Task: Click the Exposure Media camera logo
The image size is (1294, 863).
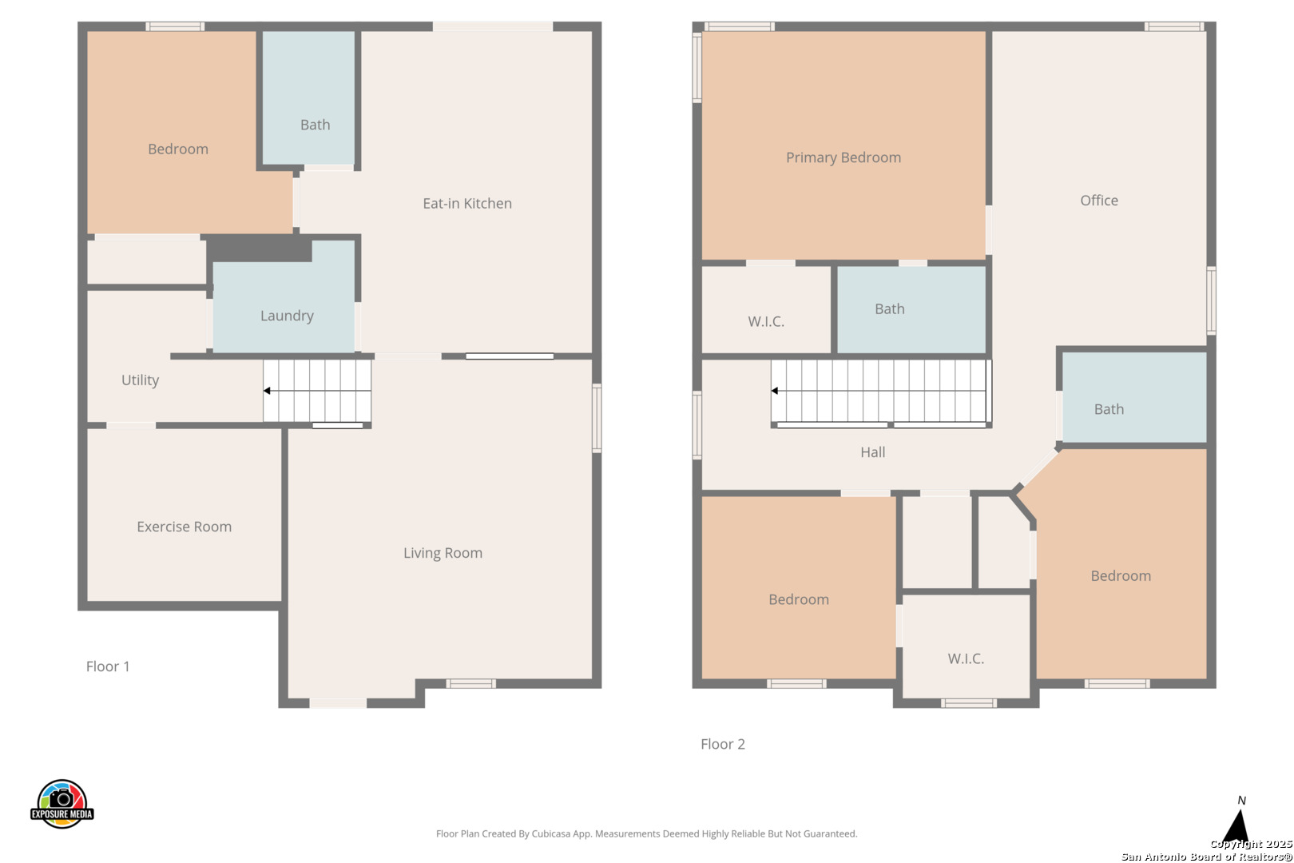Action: (x=62, y=804)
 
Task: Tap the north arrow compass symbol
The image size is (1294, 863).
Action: (x=1237, y=825)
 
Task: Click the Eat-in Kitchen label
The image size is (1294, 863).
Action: (x=467, y=204)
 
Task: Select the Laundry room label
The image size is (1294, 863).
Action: (x=287, y=316)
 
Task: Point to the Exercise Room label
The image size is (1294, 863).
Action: (x=185, y=527)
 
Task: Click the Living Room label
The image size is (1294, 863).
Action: (x=443, y=553)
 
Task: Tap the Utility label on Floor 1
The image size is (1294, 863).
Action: (x=140, y=380)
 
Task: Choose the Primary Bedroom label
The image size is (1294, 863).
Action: (x=843, y=157)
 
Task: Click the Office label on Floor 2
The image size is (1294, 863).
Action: (x=1099, y=201)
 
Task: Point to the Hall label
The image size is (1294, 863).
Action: (x=873, y=452)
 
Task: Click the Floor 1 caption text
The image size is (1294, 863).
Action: (x=108, y=666)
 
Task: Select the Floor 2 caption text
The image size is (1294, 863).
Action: (x=723, y=744)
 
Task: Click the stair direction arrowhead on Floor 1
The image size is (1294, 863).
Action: (x=267, y=391)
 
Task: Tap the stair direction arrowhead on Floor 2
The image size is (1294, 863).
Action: (x=775, y=391)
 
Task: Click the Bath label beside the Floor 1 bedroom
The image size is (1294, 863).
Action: (x=316, y=125)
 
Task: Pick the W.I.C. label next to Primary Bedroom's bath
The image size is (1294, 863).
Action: (x=766, y=321)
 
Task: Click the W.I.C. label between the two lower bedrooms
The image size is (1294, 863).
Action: (x=966, y=658)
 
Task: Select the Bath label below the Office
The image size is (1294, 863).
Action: (x=1109, y=409)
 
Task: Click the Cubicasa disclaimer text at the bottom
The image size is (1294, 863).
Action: (x=646, y=833)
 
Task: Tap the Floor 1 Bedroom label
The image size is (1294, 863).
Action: (x=178, y=149)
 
